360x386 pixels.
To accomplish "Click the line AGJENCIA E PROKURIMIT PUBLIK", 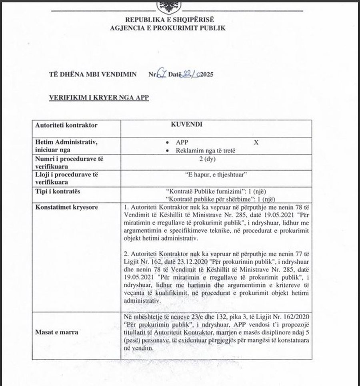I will click(x=168, y=28).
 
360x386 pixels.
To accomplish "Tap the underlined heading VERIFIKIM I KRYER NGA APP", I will click(x=98, y=97).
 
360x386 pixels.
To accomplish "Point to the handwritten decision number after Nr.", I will click(x=161, y=74).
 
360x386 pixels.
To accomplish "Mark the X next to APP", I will click(x=256, y=142).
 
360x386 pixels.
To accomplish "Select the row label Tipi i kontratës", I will click(x=58, y=191).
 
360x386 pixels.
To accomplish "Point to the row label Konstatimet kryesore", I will click(x=66, y=208).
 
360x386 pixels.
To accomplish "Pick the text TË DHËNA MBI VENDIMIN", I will click(x=93, y=75).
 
